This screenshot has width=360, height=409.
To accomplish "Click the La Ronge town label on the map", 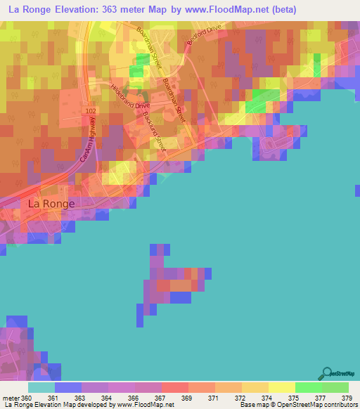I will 50,204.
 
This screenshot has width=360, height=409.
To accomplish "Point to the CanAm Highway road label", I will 89,141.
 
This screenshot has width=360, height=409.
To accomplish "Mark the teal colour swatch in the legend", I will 41,387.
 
